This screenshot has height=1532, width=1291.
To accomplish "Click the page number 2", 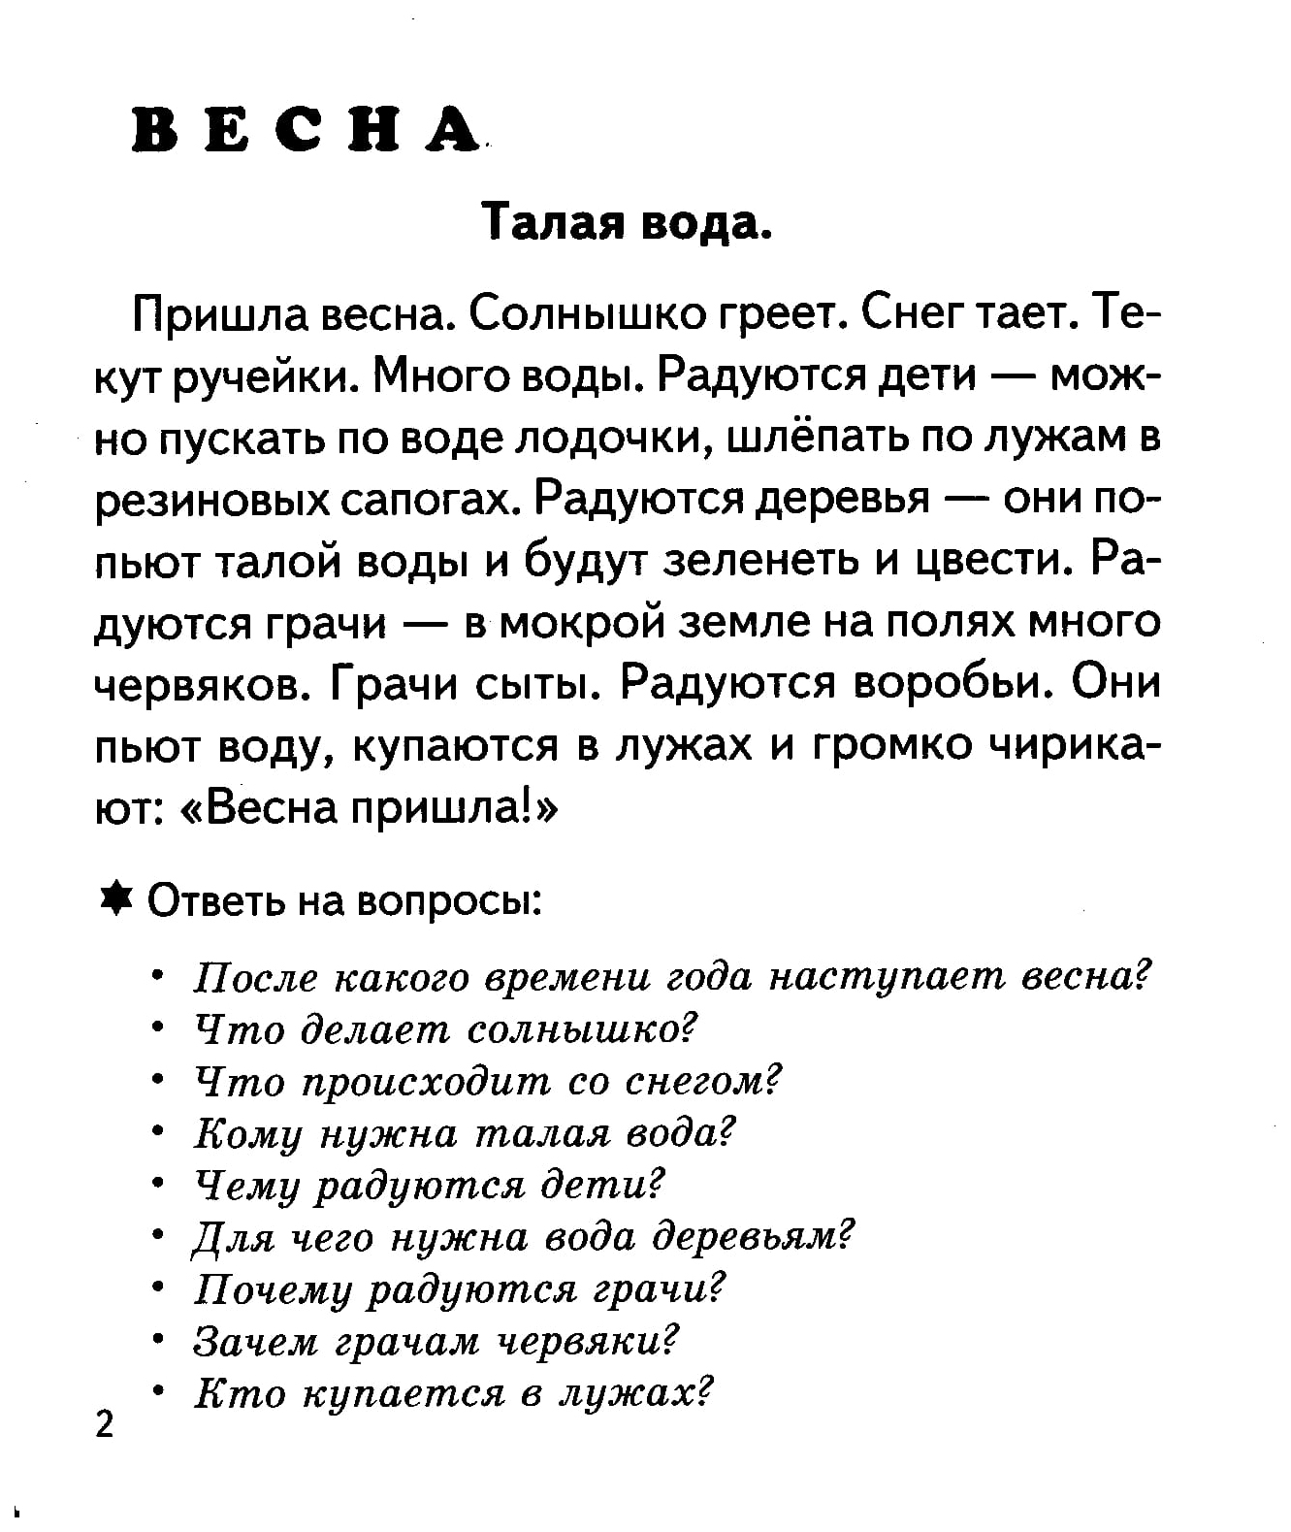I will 105,1424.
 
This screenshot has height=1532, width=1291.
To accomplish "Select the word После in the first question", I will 255,977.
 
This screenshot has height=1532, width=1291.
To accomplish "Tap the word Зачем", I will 255,1342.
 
